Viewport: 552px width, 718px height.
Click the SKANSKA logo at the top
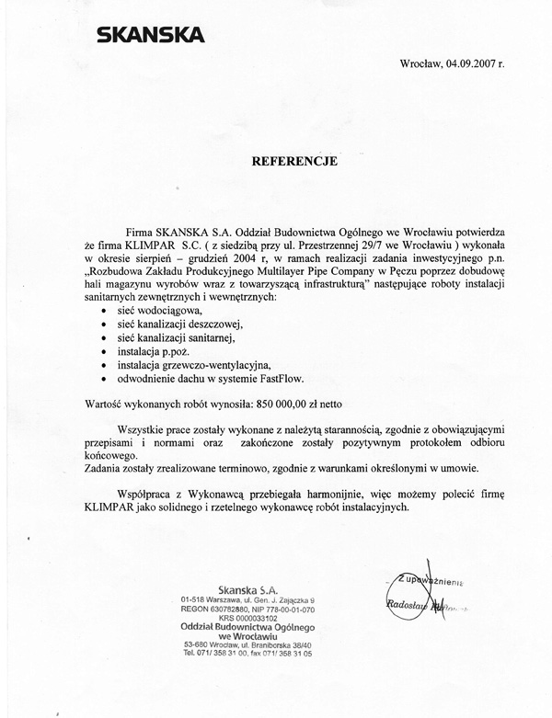151,36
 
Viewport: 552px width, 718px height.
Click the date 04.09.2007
477,64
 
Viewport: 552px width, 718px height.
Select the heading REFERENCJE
294,160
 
